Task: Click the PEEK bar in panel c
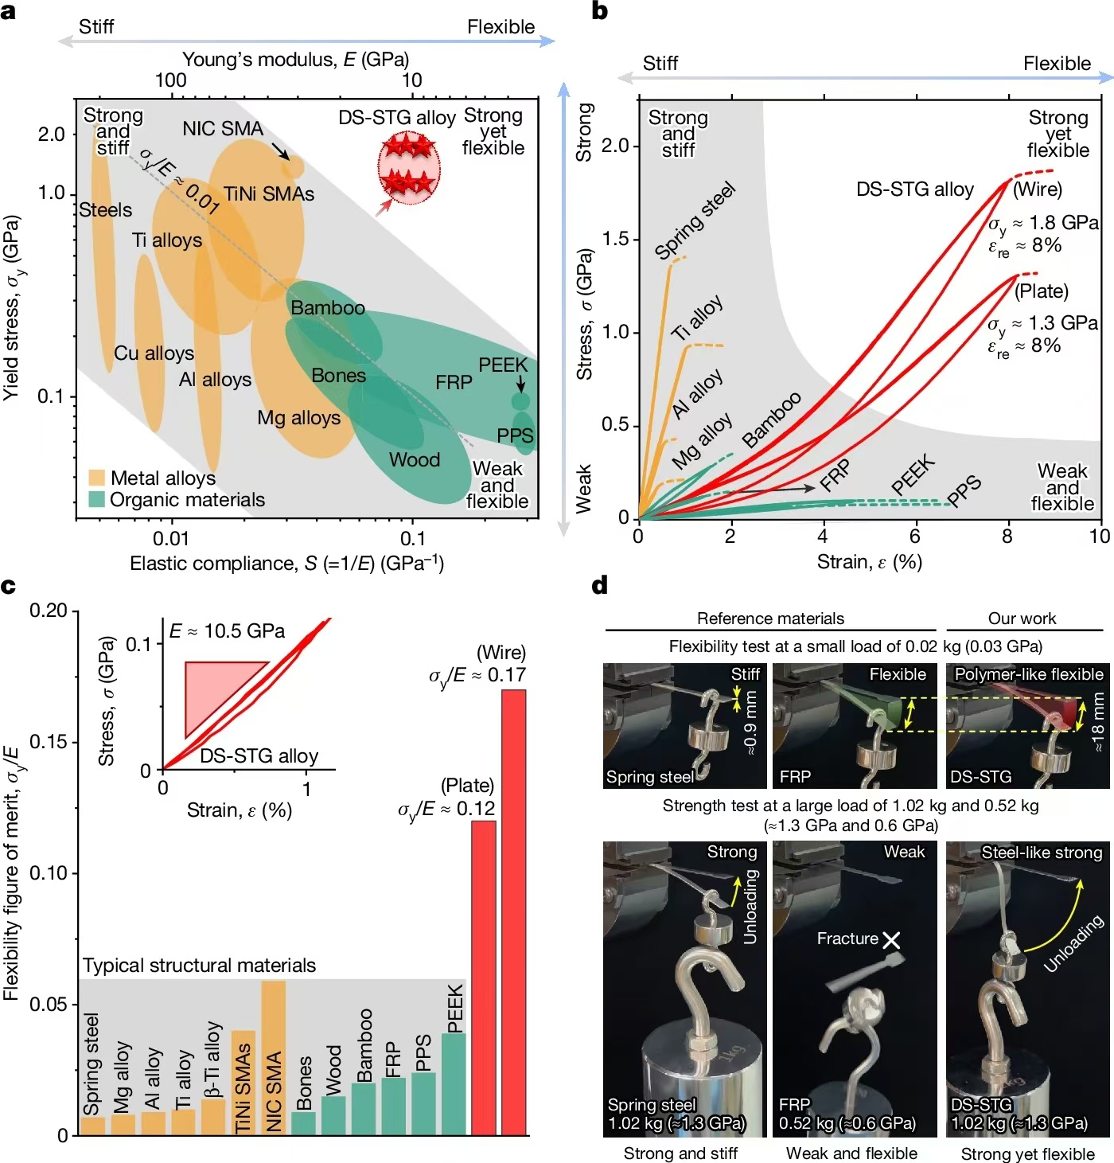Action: click(454, 1083)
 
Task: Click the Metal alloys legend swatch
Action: click(96, 478)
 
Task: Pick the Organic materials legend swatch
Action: click(96, 499)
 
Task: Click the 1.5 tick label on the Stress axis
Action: click(615, 239)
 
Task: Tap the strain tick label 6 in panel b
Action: click(914, 536)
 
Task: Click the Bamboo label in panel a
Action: click(328, 308)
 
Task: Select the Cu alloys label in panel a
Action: click(154, 353)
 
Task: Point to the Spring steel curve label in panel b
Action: click(695, 221)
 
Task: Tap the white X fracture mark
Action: click(891, 940)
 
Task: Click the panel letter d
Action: click(600, 586)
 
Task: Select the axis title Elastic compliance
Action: click(286, 564)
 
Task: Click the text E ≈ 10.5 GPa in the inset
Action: click(227, 631)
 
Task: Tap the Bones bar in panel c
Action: click(304, 1122)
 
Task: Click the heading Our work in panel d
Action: click(1022, 619)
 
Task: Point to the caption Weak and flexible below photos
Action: click(851, 1153)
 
